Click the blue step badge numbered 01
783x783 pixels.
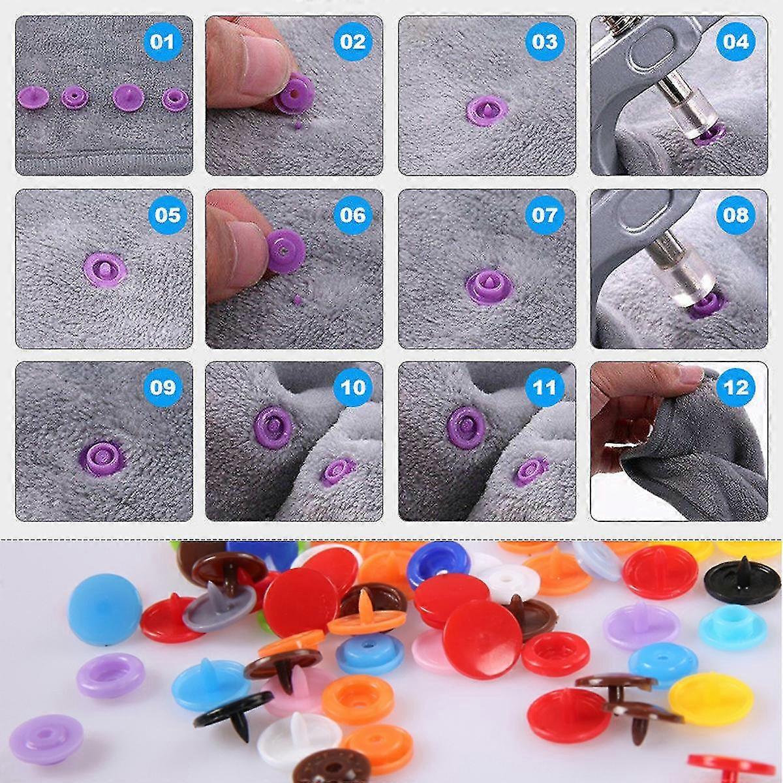162,42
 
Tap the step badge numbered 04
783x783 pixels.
736,42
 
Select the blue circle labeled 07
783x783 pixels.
544,215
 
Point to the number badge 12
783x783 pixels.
736,388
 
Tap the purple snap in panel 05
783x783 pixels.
105,269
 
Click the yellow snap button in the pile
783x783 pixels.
711,698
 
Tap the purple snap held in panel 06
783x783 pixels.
286,251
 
